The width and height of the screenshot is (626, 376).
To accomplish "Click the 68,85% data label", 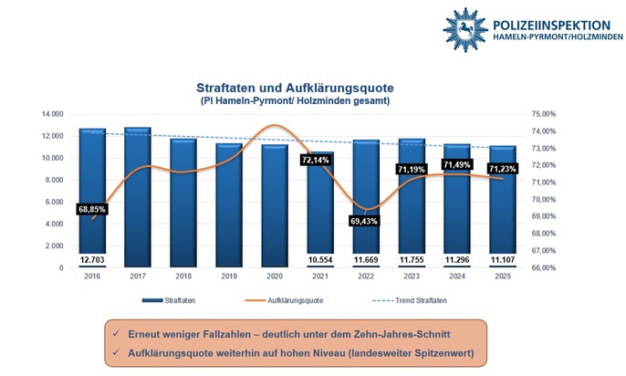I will click(x=92, y=209).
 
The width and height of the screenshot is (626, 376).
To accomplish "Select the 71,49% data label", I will click(x=457, y=164).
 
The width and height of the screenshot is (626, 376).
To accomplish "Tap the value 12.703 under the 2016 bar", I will click(x=92, y=259).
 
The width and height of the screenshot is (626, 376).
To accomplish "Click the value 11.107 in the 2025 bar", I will click(x=502, y=259).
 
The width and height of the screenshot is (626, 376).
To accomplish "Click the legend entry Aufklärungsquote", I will click(x=293, y=300).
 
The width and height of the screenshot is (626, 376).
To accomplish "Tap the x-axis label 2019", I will click(x=229, y=276).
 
